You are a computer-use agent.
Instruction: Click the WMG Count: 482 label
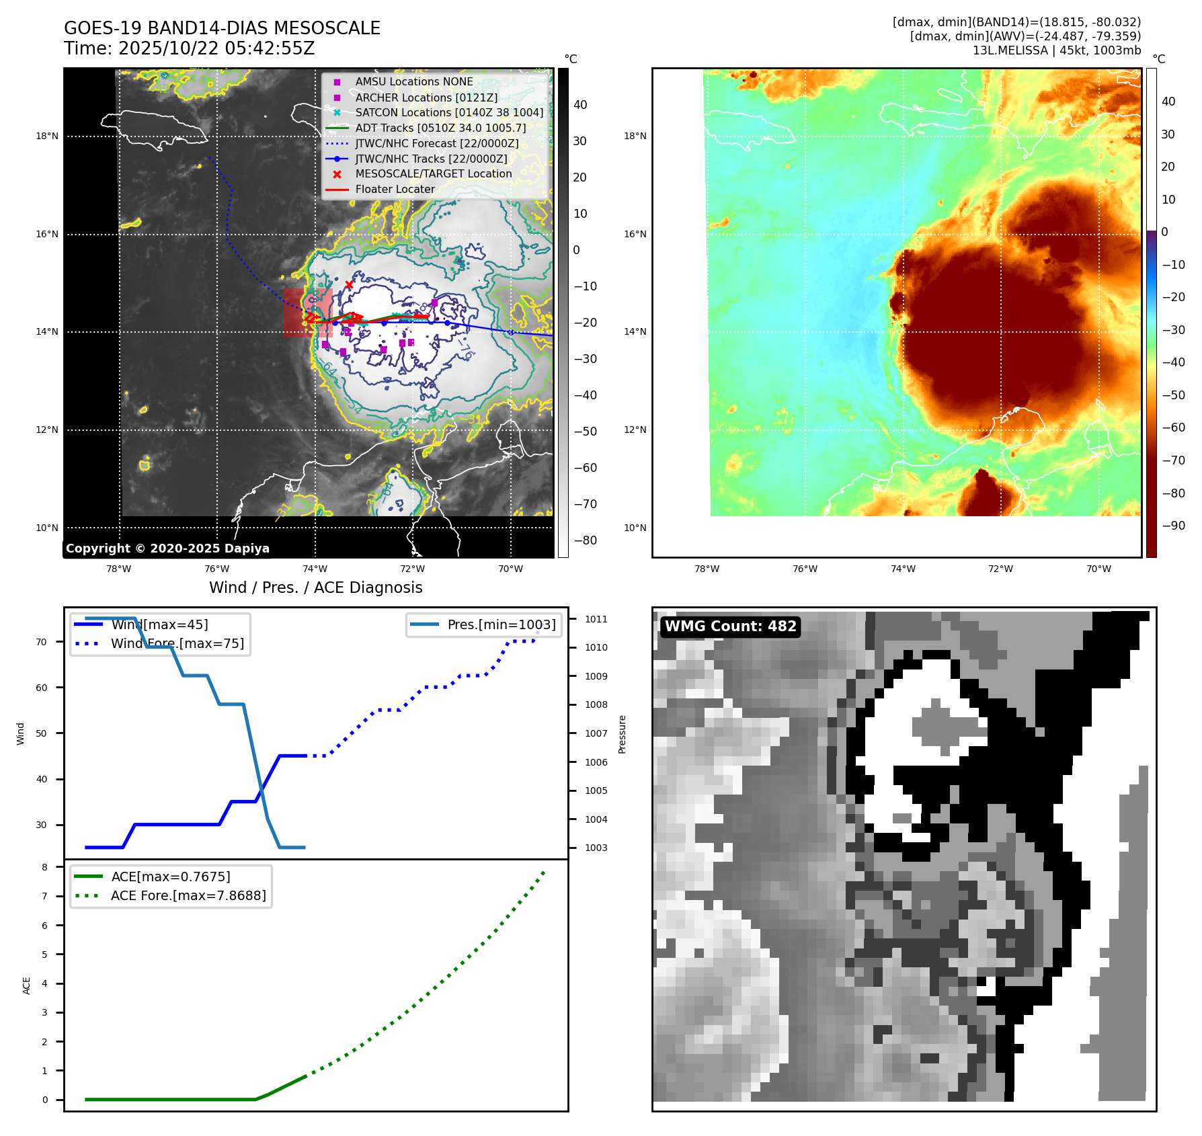(730, 626)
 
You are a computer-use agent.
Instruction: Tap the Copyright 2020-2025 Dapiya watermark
(167, 549)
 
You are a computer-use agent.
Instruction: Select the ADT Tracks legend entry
(440, 128)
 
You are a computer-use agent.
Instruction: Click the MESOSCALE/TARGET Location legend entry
(433, 174)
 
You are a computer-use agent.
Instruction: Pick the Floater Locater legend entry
(395, 190)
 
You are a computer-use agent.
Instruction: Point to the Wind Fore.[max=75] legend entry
(177, 644)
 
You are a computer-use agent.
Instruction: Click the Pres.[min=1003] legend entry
(501, 624)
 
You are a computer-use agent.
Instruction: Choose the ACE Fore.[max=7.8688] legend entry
(188, 895)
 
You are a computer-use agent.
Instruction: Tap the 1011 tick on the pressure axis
(596, 619)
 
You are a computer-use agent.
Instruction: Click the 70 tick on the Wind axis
(42, 642)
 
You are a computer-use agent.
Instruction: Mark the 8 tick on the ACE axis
(45, 867)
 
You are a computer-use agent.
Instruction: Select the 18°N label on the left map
(47, 136)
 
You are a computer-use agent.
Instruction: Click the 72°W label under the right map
(1001, 569)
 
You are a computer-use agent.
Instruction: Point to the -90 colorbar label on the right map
(1173, 526)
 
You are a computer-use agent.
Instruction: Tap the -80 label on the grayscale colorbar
(585, 540)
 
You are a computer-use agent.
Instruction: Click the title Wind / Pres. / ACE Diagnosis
(315, 587)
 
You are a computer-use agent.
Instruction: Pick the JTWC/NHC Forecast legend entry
(436, 143)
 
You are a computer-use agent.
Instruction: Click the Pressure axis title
(623, 734)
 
